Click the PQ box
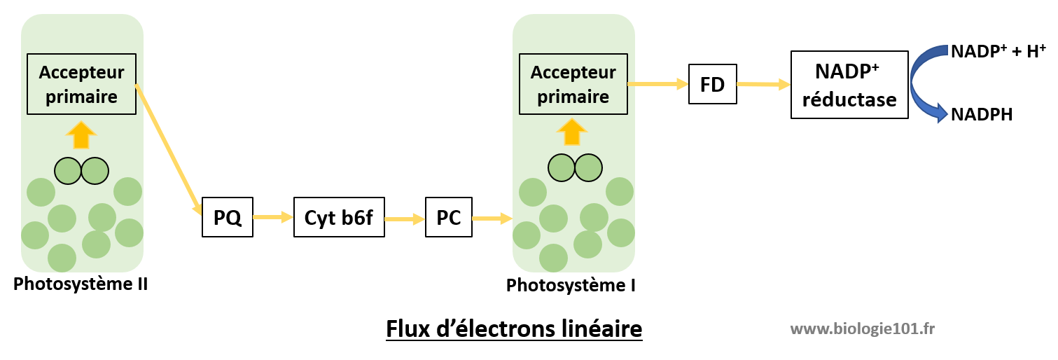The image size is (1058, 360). pyautogui.click(x=227, y=218)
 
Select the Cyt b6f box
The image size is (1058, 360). pyautogui.click(x=340, y=218)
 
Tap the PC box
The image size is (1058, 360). pyautogui.click(x=448, y=218)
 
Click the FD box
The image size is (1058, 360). pyautogui.click(x=713, y=84)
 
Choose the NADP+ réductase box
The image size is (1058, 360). pyautogui.click(x=849, y=85)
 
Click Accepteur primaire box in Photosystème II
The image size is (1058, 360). pyautogui.click(x=81, y=84)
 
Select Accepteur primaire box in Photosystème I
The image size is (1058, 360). pyautogui.click(x=573, y=84)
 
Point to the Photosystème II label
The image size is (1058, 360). pyautogui.click(x=81, y=284)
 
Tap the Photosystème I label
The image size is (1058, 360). pyautogui.click(x=571, y=286)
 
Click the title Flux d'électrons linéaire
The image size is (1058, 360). pyautogui.click(x=513, y=328)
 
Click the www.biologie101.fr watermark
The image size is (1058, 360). pyautogui.click(x=863, y=328)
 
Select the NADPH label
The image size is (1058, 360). pyautogui.click(x=981, y=115)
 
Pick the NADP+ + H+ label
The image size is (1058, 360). pyautogui.click(x=998, y=51)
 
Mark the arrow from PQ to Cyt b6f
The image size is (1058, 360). pyautogui.click(x=272, y=218)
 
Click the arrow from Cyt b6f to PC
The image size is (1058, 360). pyautogui.click(x=405, y=219)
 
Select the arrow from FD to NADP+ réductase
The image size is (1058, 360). pyautogui.click(x=763, y=84)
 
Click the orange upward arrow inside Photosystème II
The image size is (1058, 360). pyautogui.click(x=81, y=134)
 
